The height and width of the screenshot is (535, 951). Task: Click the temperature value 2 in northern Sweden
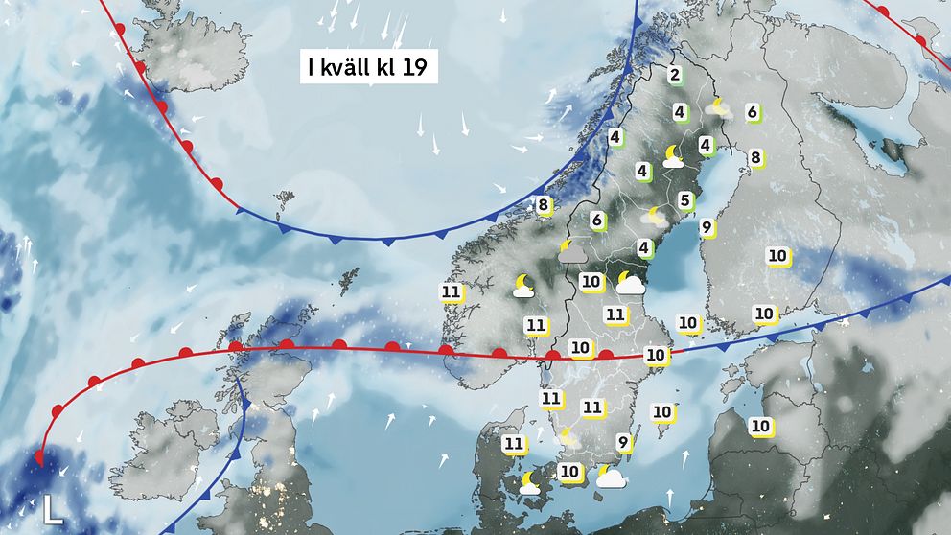point(675,76)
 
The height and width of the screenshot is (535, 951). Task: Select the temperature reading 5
point(684,200)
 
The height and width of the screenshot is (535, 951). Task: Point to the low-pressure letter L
point(54,509)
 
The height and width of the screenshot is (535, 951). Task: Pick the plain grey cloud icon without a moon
point(573,251)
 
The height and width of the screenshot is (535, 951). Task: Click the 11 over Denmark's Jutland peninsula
point(514,443)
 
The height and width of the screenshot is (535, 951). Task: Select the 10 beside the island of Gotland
point(661,411)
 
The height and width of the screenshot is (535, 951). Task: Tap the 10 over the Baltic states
point(760,425)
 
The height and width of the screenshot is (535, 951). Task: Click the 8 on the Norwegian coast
point(543,204)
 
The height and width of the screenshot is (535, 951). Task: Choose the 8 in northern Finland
point(755,157)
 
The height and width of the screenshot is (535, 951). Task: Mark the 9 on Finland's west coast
point(706,227)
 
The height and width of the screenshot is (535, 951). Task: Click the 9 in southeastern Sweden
point(623,442)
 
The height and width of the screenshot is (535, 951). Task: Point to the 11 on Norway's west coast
point(451,292)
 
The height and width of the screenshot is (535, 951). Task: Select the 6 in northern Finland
point(753,112)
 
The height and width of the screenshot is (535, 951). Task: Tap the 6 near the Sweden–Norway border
point(596,220)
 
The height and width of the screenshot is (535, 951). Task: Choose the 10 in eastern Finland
point(777,256)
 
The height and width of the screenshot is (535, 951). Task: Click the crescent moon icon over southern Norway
point(523,285)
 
